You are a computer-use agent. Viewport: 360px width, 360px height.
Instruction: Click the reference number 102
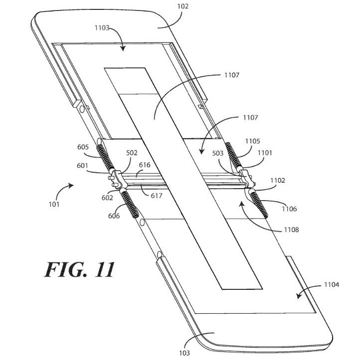(x=183, y=6)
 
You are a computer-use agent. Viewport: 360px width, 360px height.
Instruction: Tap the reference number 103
(x=185, y=353)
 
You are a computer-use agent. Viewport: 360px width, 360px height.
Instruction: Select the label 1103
(x=102, y=28)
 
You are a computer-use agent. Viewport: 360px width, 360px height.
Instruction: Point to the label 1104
(x=332, y=285)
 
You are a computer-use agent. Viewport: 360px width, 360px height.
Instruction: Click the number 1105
(x=252, y=141)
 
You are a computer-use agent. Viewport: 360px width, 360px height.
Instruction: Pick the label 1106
(x=289, y=209)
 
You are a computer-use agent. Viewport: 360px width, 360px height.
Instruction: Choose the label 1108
(x=291, y=230)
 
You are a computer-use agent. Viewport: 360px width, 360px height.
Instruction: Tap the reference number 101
(x=54, y=204)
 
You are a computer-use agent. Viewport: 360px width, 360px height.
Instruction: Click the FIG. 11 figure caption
(x=80, y=269)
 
